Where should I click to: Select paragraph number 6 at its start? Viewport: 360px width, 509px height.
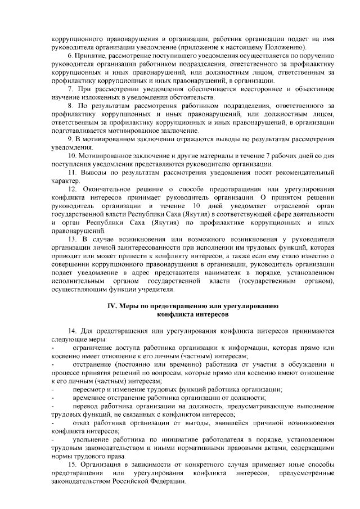pos(69,57)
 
